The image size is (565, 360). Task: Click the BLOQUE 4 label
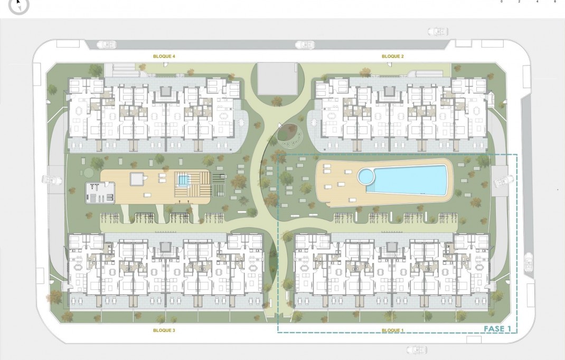[x=164, y=56]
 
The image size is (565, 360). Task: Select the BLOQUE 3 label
[x=164, y=330]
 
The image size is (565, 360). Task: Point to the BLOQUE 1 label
[x=392, y=330]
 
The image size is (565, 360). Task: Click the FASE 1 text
[x=497, y=329]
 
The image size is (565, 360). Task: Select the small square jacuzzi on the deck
[x=183, y=181]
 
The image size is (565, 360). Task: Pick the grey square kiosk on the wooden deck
[x=137, y=179]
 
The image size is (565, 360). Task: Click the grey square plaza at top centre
[x=277, y=79]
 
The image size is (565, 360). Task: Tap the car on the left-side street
[x=52, y=180]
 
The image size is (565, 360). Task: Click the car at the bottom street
[x=417, y=350]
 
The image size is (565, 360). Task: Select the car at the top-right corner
[x=438, y=32]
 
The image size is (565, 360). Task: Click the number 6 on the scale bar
[x=555, y=2]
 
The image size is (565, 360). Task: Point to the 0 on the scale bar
[x=502, y=2]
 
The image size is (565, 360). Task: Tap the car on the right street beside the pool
[x=501, y=183]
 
